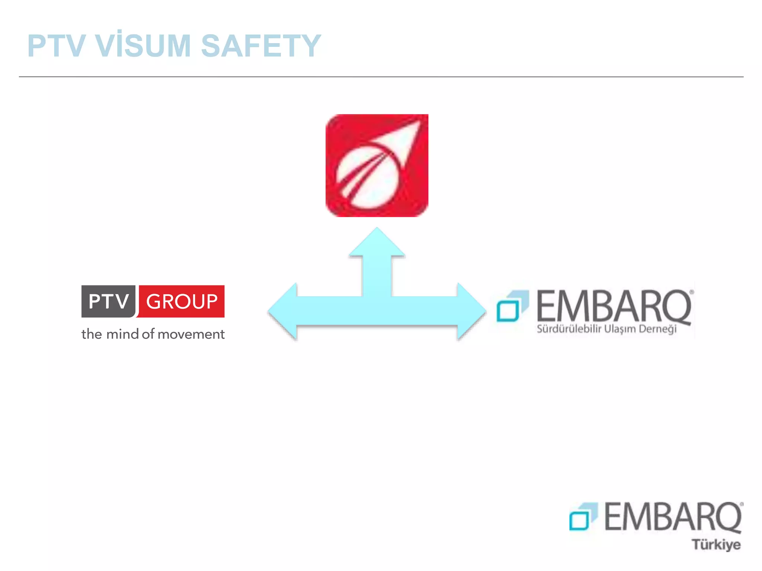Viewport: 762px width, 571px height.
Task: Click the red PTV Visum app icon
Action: (377, 166)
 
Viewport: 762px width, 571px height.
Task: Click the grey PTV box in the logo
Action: (108, 301)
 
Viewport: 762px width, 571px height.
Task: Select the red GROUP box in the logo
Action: (182, 301)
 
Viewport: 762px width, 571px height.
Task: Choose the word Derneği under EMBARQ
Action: (657, 329)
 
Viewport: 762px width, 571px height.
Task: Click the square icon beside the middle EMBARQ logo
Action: (512, 306)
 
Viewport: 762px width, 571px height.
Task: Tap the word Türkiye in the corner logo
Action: (716, 545)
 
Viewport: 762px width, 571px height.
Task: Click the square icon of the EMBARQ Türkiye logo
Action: (583, 517)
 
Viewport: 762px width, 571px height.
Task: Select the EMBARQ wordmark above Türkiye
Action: (673, 517)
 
